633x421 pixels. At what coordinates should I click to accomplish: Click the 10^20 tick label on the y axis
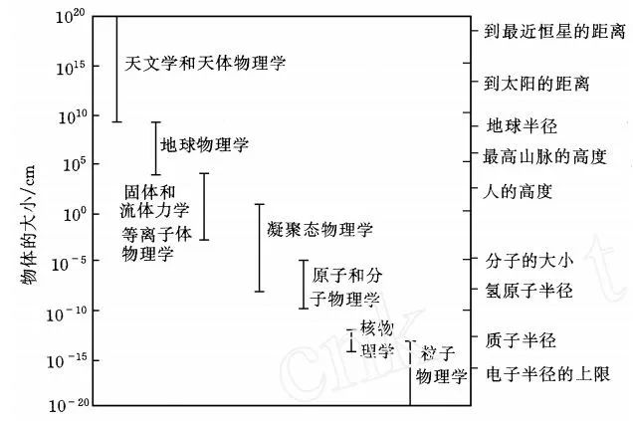tap(69, 19)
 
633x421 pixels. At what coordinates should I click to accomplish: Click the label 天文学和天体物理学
tap(205, 63)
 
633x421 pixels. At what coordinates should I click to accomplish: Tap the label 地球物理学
tap(204, 145)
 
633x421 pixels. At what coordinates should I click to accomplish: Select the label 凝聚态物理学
tap(320, 230)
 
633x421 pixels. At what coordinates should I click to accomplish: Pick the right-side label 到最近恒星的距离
tap(554, 32)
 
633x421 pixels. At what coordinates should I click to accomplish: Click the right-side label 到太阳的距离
tap(536, 84)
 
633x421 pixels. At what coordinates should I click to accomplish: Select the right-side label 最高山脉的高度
tap(544, 157)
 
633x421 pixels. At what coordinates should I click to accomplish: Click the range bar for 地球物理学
tap(154, 148)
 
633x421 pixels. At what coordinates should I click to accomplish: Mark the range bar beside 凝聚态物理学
tap(260, 248)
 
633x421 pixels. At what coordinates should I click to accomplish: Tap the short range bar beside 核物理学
tap(350, 339)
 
